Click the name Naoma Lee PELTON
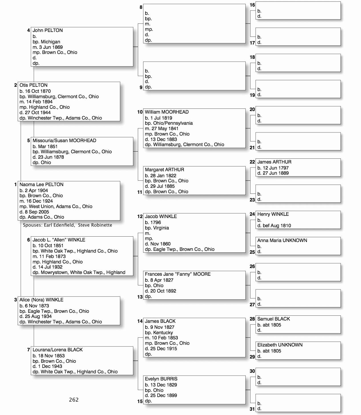41,185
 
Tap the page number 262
74,400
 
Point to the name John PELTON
47,31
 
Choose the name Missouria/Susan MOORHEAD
64,141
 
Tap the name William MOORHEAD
167,112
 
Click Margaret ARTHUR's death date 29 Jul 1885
162,186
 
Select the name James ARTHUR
274,162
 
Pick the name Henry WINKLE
273,214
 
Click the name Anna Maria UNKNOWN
282,241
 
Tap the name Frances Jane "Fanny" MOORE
178,274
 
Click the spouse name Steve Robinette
95,225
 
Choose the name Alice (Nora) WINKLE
41,300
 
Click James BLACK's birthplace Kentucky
163,333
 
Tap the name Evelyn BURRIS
161,379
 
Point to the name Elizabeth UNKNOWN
280,345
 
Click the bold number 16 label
252,5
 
